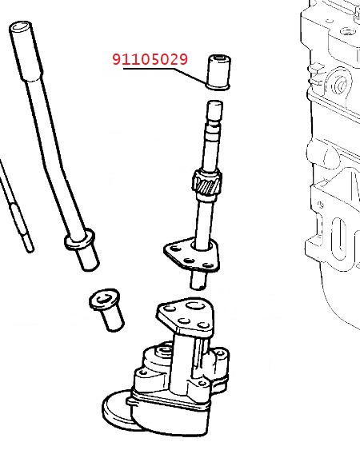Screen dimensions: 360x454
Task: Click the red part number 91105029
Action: click(x=150, y=59)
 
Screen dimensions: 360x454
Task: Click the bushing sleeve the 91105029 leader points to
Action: click(x=219, y=71)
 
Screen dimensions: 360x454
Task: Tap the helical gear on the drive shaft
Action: click(x=207, y=183)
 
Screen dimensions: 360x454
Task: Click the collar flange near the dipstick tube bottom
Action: click(x=79, y=240)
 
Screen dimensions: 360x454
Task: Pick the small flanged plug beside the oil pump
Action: click(x=106, y=309)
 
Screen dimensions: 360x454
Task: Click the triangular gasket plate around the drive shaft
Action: click(x=191, y=256)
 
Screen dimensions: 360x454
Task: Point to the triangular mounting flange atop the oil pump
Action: click(x=186, y=316)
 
